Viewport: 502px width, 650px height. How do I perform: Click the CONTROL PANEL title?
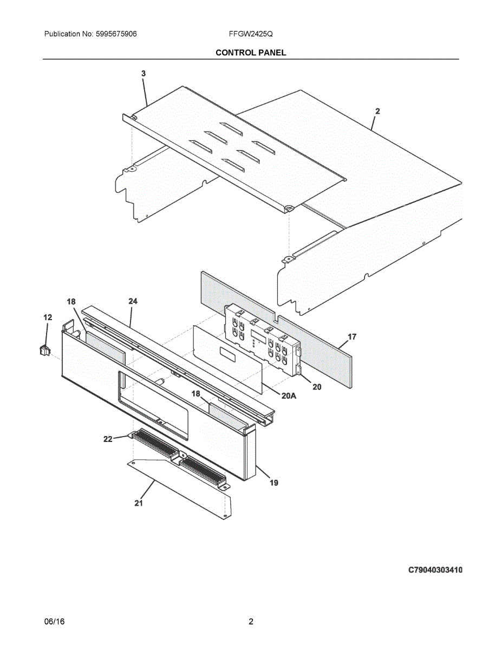click(x=251, y=53)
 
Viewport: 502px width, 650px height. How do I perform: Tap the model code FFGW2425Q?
click(x=251, y=34)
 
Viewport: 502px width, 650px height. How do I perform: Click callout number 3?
click(x=143, y=73)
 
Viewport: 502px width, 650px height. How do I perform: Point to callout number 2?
click(x=377, y=111)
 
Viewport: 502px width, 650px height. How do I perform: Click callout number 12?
click(x=48, y=317)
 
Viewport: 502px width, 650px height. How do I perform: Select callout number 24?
click(x=133, y=301)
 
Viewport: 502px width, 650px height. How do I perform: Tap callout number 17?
click(x=352, y=337)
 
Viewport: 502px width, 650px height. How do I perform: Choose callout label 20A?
click(x=289, y=396)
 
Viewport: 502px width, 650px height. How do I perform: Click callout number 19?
click(x=274, y=483)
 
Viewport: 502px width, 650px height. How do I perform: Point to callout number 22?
click(x=108, y=439)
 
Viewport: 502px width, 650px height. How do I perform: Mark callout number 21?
click(x=139, y=503)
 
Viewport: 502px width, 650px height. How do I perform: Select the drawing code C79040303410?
click(x=435, y=570)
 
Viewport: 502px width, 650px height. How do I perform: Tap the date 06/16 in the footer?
click(x=54, y=622)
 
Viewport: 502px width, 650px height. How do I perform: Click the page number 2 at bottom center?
click(x=251, y=622)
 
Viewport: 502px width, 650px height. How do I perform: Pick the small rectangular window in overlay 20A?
click(x=227, y=354)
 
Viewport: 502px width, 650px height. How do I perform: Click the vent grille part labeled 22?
click(x=179, y=455)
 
